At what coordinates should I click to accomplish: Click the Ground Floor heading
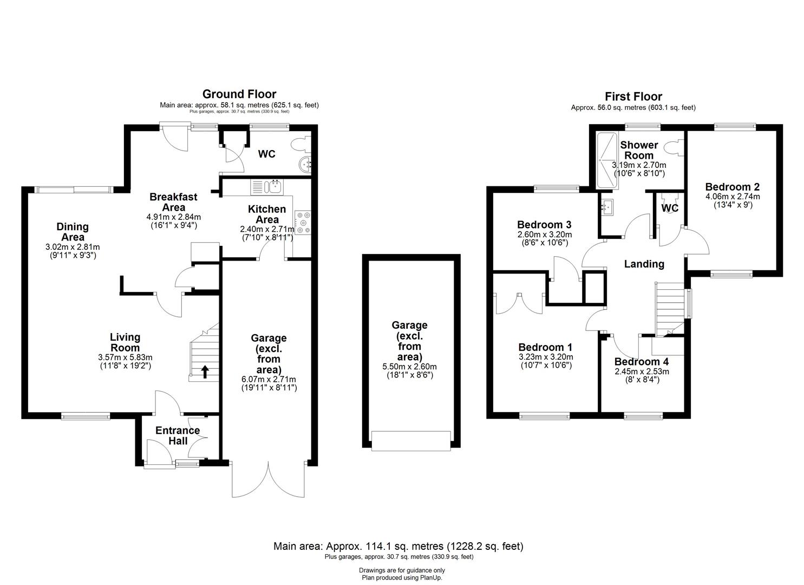tap(239, 94)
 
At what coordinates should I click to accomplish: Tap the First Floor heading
tap(633, 96)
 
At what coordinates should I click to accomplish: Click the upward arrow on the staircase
tap(205, 372)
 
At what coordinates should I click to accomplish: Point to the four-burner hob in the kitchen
tap(302, 222)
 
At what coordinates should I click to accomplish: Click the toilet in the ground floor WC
tap(299, 145)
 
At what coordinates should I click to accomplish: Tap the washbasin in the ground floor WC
tap(306, 164)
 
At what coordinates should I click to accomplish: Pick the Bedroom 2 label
tap(732, 187)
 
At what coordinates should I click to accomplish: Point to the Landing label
tap(644, 264)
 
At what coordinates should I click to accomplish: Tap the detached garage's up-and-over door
tap(411, 440)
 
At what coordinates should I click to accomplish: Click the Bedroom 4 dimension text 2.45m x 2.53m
tap(642, 372)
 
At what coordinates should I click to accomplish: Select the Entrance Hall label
tap(178, 435)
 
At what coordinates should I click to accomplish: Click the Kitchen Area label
tap(267, 214)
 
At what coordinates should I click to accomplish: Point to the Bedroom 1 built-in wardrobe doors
tap(519, 302)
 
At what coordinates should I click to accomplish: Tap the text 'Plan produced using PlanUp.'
tap(402, 577)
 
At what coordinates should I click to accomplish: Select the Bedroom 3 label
tap(544, 225)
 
